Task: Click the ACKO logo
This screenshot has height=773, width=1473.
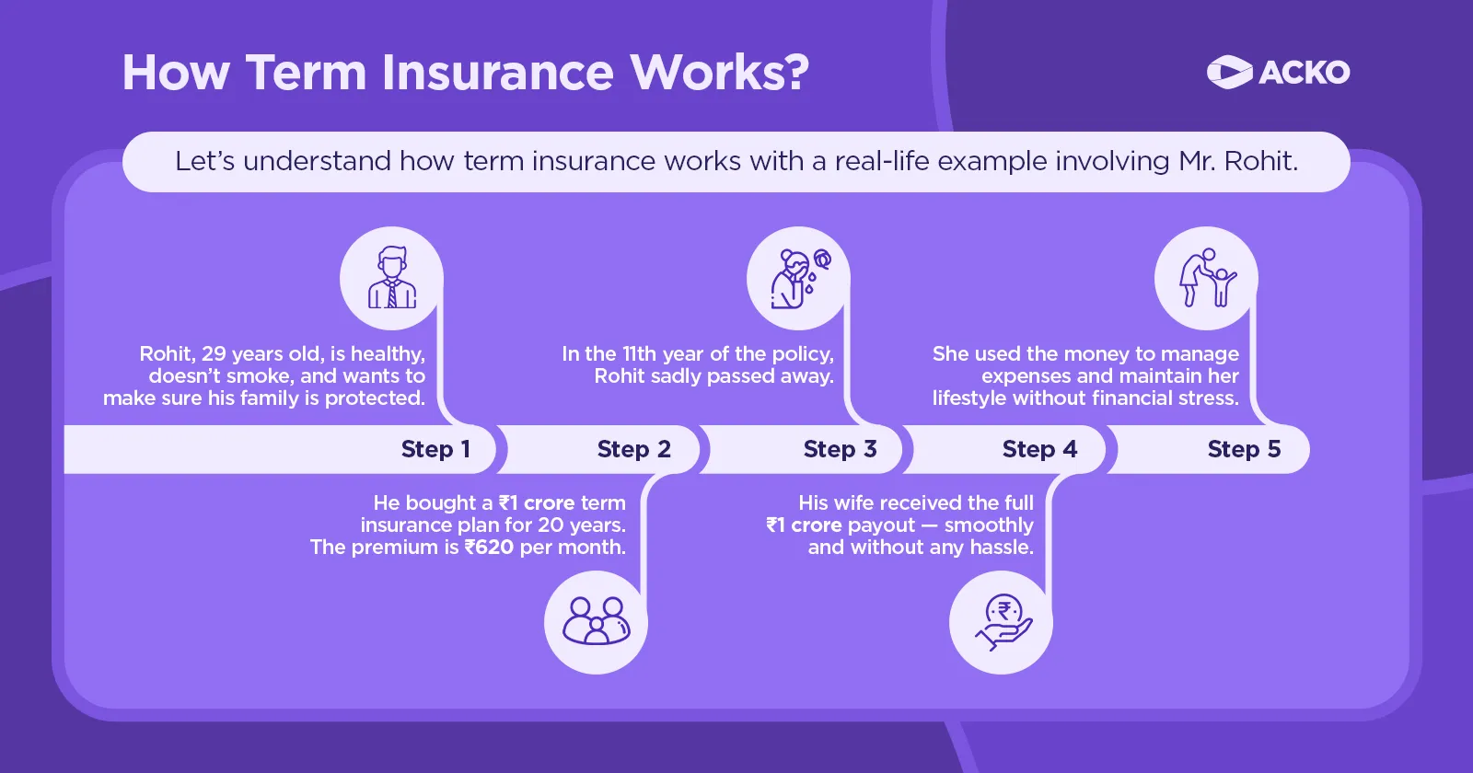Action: pos(1278,72)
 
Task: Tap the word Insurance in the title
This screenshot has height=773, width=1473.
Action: pos(497,72)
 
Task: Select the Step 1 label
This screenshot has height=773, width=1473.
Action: pos(435,449)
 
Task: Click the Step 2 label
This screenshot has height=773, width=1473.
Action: pos(633,449)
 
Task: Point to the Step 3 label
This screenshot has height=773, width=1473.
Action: pos(840,449)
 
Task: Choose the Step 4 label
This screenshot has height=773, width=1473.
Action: pos(1039,449)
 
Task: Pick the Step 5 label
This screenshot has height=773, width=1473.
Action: pos(1244,449)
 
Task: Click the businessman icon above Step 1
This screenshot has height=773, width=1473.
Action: pos(391,278)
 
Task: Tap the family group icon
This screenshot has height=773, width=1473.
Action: pos(596,622)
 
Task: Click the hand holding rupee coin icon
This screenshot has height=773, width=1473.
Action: pos(1002,622)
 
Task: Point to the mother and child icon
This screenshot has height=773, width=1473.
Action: pos(1206,278)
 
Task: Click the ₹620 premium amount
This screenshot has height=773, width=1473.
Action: pos(490,548)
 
